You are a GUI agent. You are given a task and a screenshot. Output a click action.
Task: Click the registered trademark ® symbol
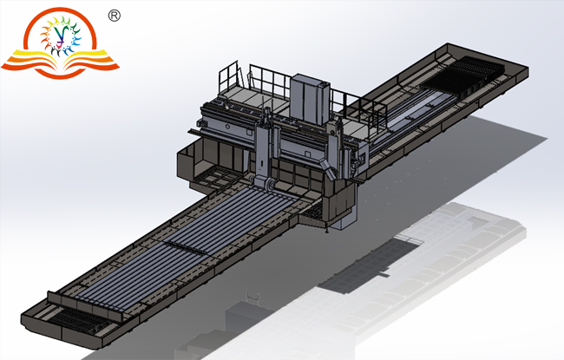click(114, 15)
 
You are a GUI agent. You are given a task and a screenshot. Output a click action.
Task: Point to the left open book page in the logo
click(35, 61)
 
